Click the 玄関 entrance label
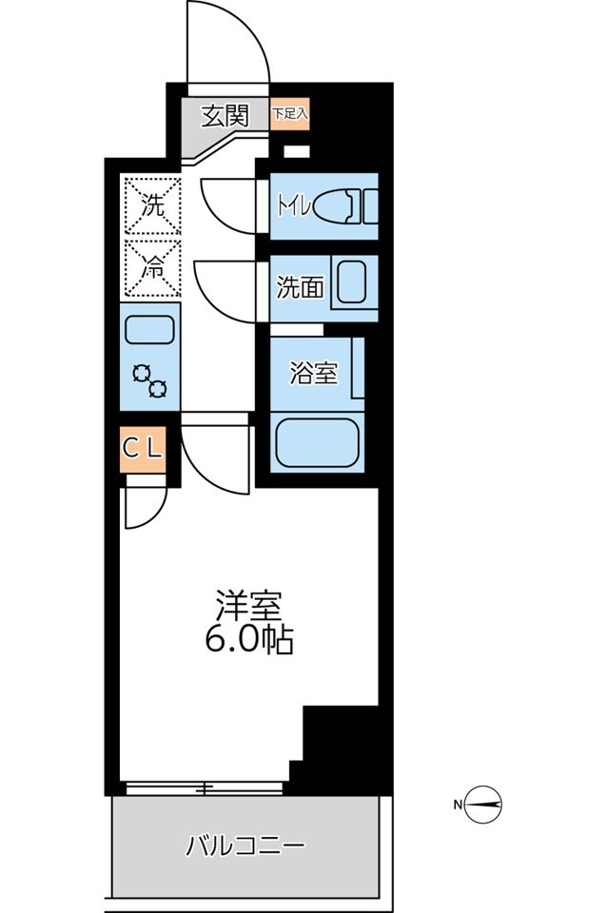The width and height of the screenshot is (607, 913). tap(225, 117)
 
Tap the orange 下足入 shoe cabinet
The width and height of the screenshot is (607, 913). tap(290, 113)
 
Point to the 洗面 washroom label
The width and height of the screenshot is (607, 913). tap(299, 288)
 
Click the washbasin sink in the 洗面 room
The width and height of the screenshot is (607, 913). tap(354, 283)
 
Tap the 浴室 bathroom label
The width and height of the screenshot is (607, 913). tap(313, 373)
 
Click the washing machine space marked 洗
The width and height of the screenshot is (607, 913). tap(151, 204)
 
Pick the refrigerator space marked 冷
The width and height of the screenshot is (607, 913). tap(151, 268)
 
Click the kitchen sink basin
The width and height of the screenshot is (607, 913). tap(150, 331)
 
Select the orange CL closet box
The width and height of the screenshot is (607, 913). tap(144, 451)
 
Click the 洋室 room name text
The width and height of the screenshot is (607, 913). tap(248, 605)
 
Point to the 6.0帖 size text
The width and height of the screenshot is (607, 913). tap(248, 640)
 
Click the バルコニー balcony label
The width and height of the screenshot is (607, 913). tap(245, 845)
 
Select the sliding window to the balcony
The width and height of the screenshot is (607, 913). tap(204, 787)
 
